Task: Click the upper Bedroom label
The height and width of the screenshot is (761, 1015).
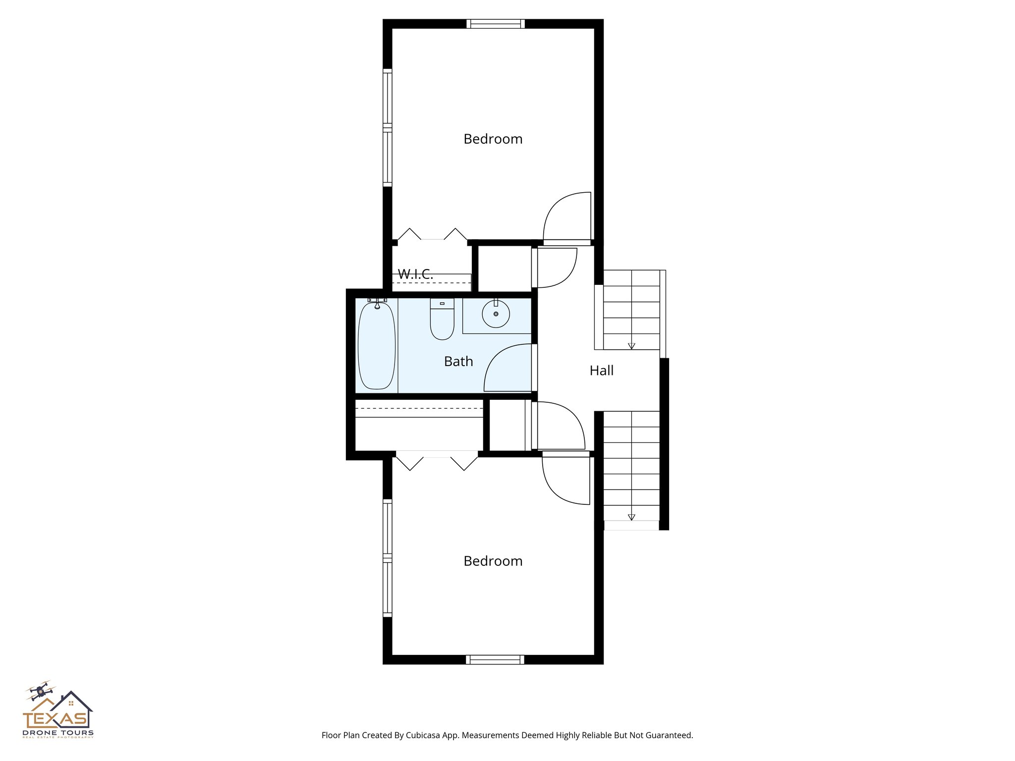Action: [493, 139]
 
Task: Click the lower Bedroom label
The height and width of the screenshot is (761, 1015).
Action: [493, 561]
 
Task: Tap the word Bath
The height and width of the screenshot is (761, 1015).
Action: [458, 362]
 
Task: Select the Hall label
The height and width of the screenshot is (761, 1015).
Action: [601, 371]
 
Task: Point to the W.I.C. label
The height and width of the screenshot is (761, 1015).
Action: [415, 274]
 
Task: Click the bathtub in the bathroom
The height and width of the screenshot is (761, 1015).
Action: [377, 346]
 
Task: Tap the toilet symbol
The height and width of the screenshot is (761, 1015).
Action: [442, 320]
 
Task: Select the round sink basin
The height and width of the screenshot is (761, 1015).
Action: [496, 314]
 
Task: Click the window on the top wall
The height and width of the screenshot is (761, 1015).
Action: [495, 24]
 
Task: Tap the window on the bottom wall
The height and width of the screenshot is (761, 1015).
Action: [495, 659]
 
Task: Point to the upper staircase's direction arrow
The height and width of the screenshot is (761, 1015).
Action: [631, 346]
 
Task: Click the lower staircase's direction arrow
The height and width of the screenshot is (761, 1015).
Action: [631, 517]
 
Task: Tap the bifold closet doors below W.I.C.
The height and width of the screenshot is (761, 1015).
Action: [432, 235]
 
